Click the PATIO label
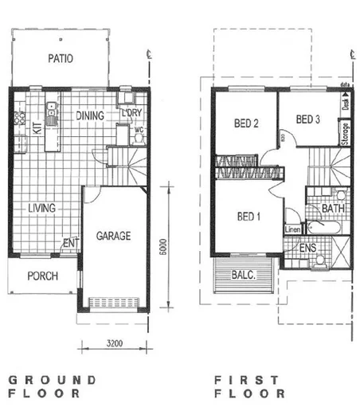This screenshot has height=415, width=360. (x=61, y=58)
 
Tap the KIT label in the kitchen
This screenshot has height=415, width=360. (x=36, y=127)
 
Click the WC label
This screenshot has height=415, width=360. (x=138, y=128)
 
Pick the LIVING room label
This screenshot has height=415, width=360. (x=41, y=209)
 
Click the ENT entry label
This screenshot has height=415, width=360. (x=68, y=244)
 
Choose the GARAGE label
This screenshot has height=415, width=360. (x=114, y=237)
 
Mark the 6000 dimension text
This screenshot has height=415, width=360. (x=162, y=248)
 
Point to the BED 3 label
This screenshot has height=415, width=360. (x=307, y=120)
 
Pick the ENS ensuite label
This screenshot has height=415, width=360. (x=308, y=249)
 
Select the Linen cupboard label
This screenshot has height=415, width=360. (x=292, y=230)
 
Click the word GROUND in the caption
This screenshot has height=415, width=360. (x=52, y=380)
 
